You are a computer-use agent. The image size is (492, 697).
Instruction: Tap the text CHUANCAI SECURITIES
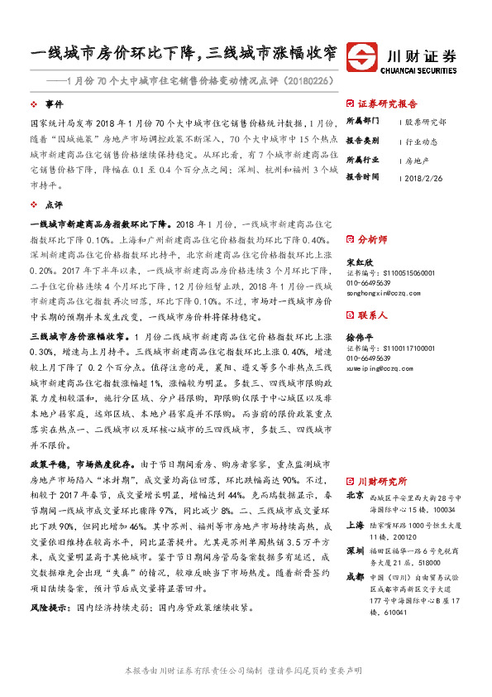coord(422,70)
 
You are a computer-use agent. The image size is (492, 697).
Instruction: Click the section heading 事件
coord(54,105)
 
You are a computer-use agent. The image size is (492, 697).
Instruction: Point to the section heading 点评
coord(54,204)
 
